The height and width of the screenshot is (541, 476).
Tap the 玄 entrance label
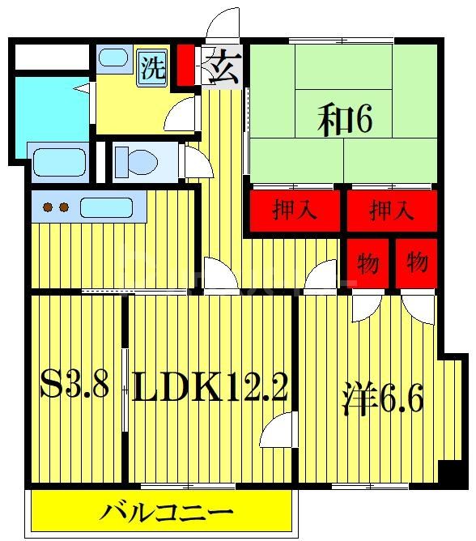tap(220, 66)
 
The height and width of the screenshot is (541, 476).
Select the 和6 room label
tap(345, 121)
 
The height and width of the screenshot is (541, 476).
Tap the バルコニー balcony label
tap(167, 513)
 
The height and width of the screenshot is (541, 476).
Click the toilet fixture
tap(138, 161)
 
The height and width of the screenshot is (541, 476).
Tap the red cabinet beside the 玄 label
tap(185, 66)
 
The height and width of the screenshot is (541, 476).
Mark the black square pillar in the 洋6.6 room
tap(445, 471)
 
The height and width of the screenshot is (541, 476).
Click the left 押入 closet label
tap(295, 212)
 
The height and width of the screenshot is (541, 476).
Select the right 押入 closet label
tap(392, 212)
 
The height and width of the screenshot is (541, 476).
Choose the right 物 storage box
tap(417, 262)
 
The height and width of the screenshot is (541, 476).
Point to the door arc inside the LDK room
tap(277, 429)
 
